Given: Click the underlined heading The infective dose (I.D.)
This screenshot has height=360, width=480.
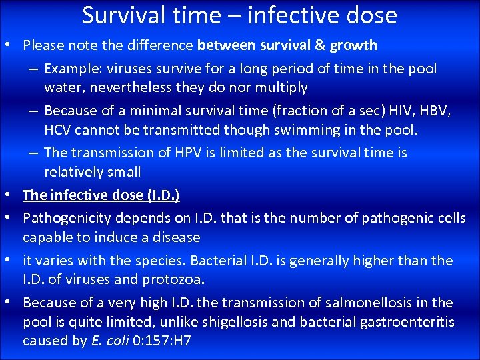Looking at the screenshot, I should (x=101, y=195).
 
